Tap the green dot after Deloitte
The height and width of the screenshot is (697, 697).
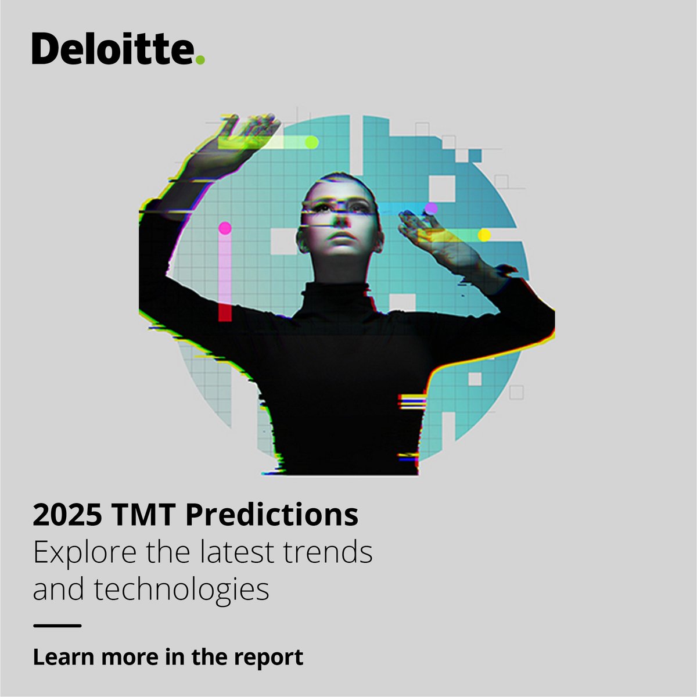click(x=200, y=59)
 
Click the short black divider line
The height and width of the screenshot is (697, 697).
click(x=57, y=626)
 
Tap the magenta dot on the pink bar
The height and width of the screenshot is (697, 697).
click(x=225, y=228)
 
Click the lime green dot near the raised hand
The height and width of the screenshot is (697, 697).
click(x=312, y=142)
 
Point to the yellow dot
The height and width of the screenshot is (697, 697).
click(x=484, y=235)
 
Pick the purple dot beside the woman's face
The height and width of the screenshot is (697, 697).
click(x=431, y=209)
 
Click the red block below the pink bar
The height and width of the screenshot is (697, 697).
click(x=225, y=312)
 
